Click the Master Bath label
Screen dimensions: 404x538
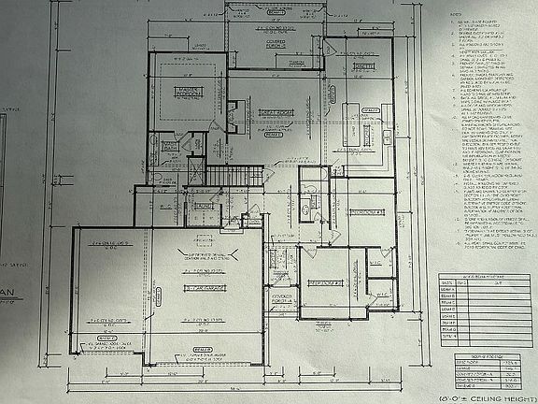coord(170,146)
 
